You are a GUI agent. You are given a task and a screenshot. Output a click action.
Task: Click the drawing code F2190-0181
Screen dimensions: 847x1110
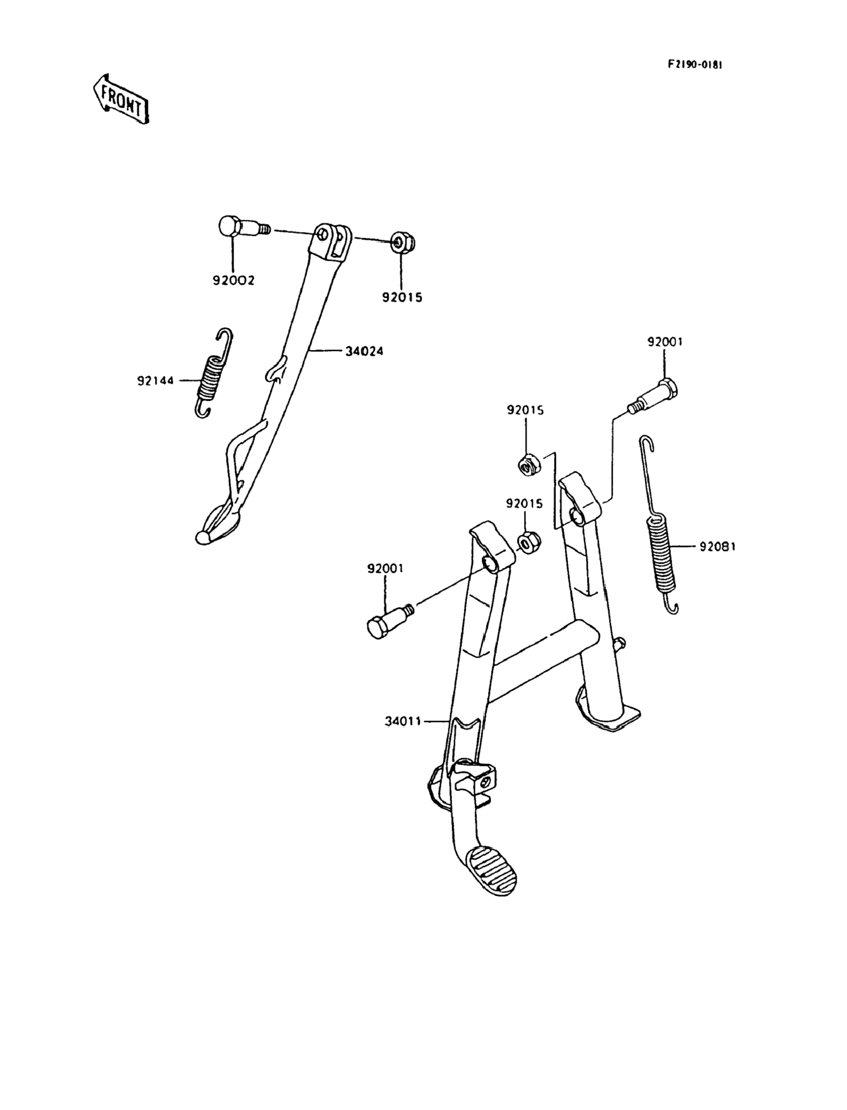coord(695,65)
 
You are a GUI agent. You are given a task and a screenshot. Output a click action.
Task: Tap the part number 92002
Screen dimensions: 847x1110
coord(233,280)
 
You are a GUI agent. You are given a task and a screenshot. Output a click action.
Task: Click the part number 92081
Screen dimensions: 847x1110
coord(717,546)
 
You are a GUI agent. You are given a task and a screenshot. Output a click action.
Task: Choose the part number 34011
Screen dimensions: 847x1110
coord(402,722)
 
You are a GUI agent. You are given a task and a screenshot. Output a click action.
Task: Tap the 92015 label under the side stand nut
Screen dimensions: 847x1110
coord(402,297)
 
